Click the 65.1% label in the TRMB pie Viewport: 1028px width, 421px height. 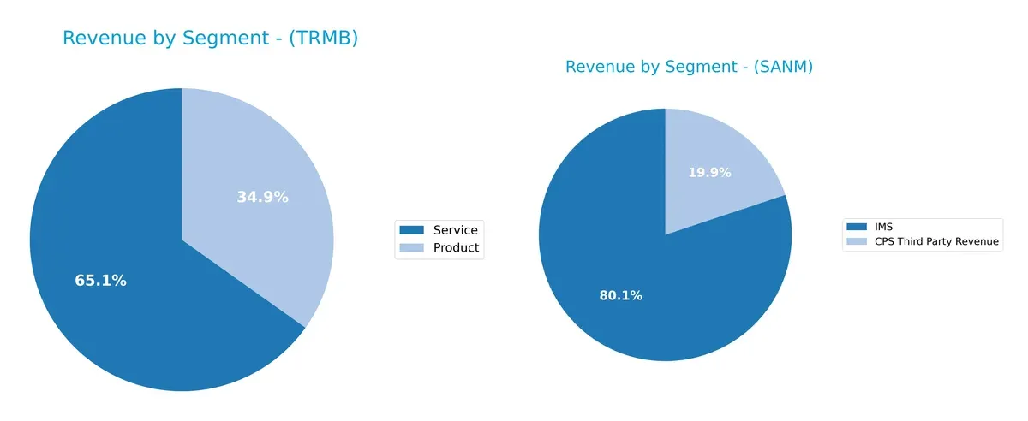pos(100,281)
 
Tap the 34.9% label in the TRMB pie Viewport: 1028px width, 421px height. pos(262,198)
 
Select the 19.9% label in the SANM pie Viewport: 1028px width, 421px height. pos(709,173)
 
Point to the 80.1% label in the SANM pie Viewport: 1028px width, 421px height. pos(620,296)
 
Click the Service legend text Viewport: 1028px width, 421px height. pos(455,229)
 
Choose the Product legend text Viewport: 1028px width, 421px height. pos(456,248)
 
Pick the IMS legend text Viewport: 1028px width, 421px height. pos(884,227)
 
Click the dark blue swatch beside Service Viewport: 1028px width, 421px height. pos(412,229)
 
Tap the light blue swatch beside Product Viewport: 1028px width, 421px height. pos(412,248)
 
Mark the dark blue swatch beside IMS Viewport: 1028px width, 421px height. pos(857,227)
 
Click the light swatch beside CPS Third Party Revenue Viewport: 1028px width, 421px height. pos(857,241)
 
